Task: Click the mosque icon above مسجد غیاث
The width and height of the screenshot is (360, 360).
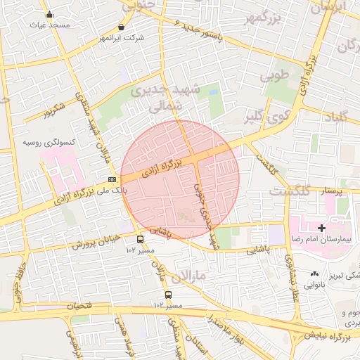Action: coord(49,15)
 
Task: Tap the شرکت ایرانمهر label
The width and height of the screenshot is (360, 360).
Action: coord(122,37)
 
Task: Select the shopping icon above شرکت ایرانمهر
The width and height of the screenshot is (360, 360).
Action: coord(122,27)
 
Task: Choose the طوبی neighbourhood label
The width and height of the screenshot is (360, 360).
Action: coord(276,73)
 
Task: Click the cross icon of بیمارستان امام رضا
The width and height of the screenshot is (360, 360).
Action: coord(322,228)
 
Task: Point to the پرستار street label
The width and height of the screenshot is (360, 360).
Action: coord(331,191)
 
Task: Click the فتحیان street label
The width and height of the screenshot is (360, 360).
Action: coord(79,307)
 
